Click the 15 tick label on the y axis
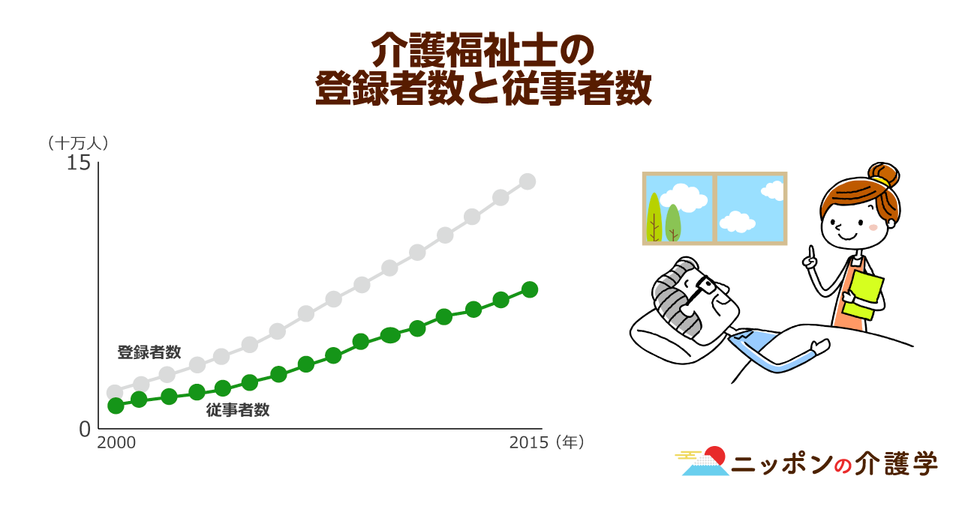[79, 163]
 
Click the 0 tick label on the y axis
[85, 429]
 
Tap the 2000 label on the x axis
[116, 443]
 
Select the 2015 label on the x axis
[529, 443]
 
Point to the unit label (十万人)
[78, 143]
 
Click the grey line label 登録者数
[149, 352]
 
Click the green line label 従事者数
[238, 410]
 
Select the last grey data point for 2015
[528, 181]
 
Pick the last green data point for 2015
[530, 289]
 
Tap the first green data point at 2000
[116, 406]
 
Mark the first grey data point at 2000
[115, 391]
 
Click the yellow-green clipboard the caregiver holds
[863, 297]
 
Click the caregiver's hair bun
[884, 174]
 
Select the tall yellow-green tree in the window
[654, 217]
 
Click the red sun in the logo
[716, 455]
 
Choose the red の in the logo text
[842, 466]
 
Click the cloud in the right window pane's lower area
[737, 221]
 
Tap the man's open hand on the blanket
[819, 346]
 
